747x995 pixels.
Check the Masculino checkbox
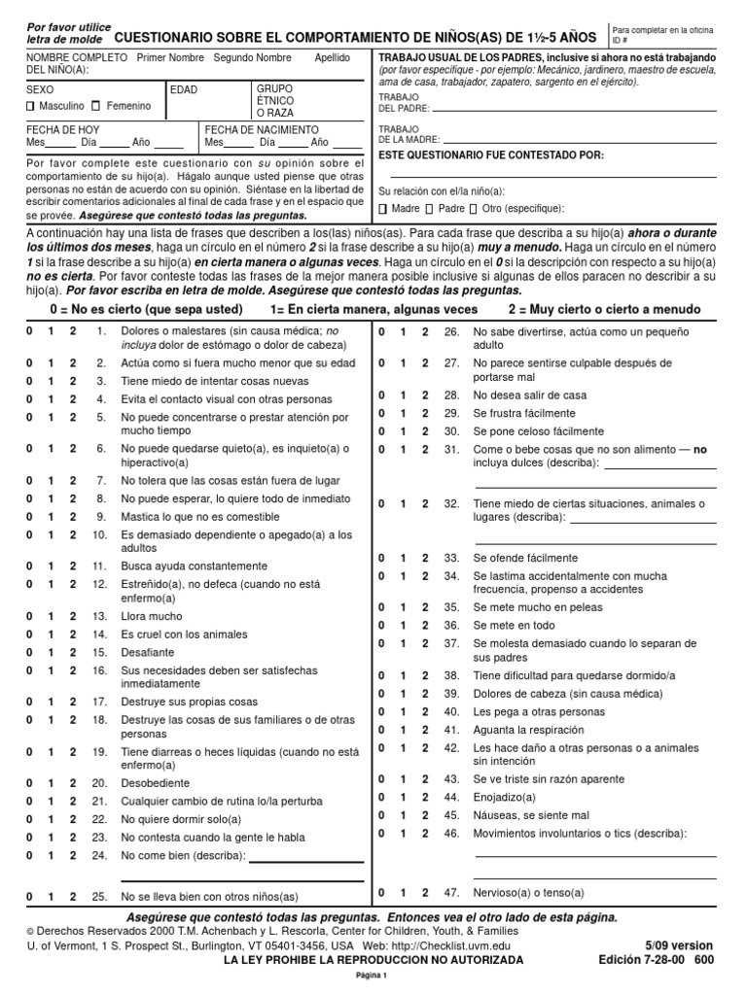click(x=31, y=106)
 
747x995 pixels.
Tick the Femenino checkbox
click(x=98, y=106)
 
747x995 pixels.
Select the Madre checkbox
click(x=383, y=209)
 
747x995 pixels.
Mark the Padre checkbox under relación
click(x=429, y=209)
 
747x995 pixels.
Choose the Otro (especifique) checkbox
click(x=473, y=209)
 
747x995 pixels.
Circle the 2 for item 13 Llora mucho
click(x=72, y=617)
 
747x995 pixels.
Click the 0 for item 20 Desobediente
click(x=29, y=783)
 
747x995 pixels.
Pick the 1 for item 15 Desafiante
click(x=51, y=653)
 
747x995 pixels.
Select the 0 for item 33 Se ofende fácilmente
click(x=381, y=559)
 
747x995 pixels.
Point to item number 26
click(x=450, y=332)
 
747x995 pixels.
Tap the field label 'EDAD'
click(x=184, y=89)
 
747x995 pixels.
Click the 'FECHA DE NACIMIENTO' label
click(x=262, y=129)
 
